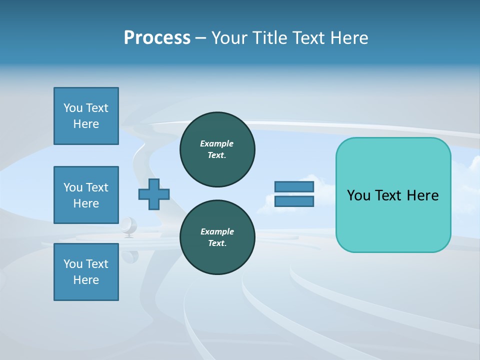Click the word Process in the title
157,38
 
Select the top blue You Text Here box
86,116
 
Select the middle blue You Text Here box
86,195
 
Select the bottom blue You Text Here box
86,272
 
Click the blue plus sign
154,194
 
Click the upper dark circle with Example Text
217,149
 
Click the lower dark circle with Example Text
217,237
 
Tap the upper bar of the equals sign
294,186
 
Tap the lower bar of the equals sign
294,201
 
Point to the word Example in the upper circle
217,143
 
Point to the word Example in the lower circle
217,231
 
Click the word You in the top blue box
73,108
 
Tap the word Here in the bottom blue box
86,280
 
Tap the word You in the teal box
358,195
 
